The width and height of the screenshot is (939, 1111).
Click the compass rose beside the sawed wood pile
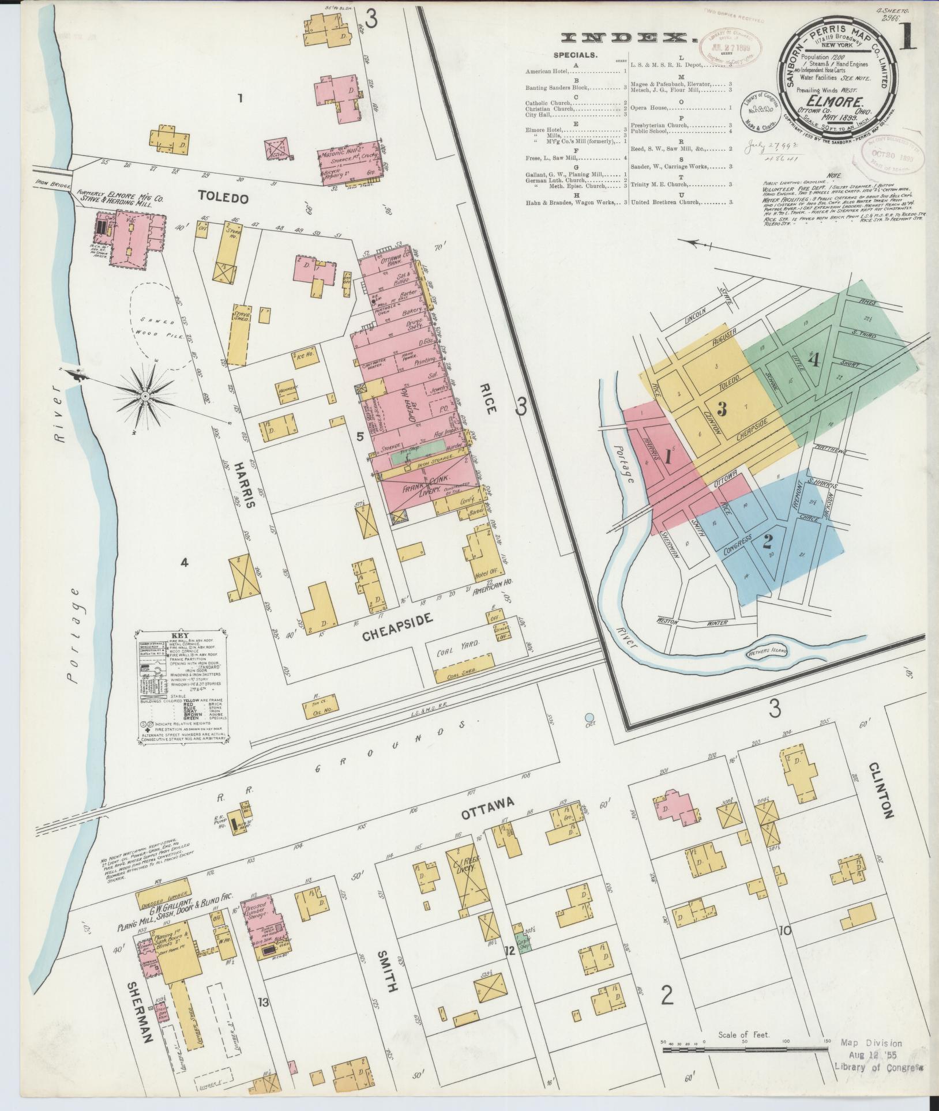[147, 397]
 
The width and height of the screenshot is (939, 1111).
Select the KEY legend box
[181, 687]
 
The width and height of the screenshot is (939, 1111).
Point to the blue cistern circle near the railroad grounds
[589, 718]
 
